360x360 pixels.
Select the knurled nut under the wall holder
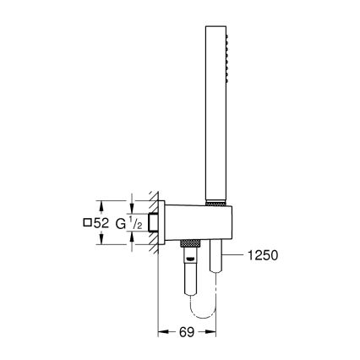191,244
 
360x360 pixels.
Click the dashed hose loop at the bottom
202,299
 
